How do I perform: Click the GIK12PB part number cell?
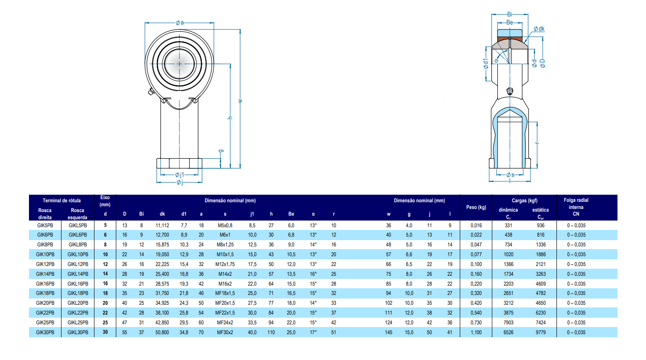[45, 264]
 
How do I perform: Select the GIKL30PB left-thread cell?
[78, 332]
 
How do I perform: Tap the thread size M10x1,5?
[225, 254]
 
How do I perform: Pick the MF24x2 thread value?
[225, 322]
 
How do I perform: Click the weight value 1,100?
[476, 332]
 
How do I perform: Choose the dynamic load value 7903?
[507, 322]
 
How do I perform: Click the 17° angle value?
[313, 332]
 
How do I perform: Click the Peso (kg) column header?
[476, 207]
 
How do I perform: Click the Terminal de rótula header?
[61, 200]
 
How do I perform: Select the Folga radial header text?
[576, 200]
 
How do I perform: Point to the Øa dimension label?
[180, 22]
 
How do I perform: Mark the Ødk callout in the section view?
[539, 29]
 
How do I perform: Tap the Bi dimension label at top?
[510, 15]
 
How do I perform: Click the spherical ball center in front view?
[180, 64]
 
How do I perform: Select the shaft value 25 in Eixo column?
[105, 322]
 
